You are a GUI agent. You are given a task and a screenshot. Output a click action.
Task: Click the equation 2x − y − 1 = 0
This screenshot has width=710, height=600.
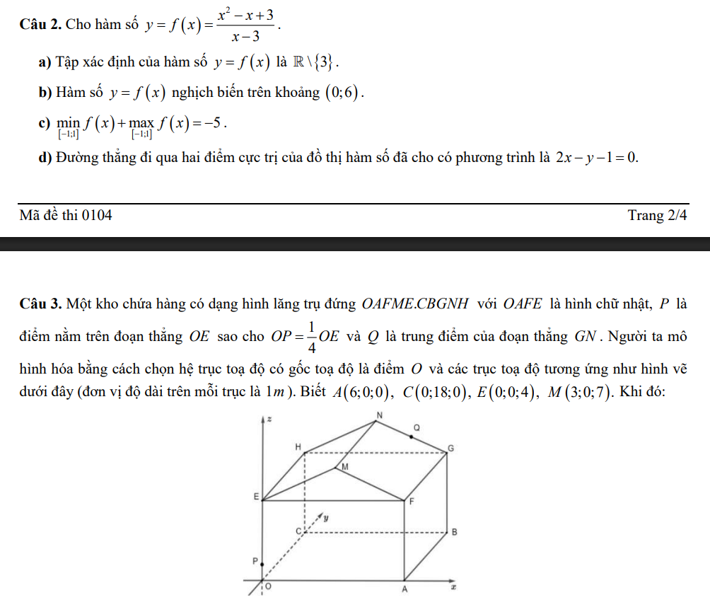tap(597, 157)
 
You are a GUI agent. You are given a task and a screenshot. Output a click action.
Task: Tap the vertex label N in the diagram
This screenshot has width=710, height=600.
tap(379, 415)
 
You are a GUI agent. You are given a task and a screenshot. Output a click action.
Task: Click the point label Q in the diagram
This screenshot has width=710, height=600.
tap(417, 428)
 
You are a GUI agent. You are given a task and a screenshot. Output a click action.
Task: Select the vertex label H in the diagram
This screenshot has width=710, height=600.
tap(298, 446)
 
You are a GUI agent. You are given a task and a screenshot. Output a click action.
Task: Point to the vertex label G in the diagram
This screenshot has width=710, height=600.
tap(450, 449)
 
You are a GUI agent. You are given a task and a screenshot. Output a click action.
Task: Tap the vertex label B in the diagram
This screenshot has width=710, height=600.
tap(454, 532)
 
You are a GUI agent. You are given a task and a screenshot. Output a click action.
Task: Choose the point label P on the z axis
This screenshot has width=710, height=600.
tap(255, 560)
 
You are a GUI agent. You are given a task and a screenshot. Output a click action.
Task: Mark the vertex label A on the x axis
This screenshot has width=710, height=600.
tap(405, 589)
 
